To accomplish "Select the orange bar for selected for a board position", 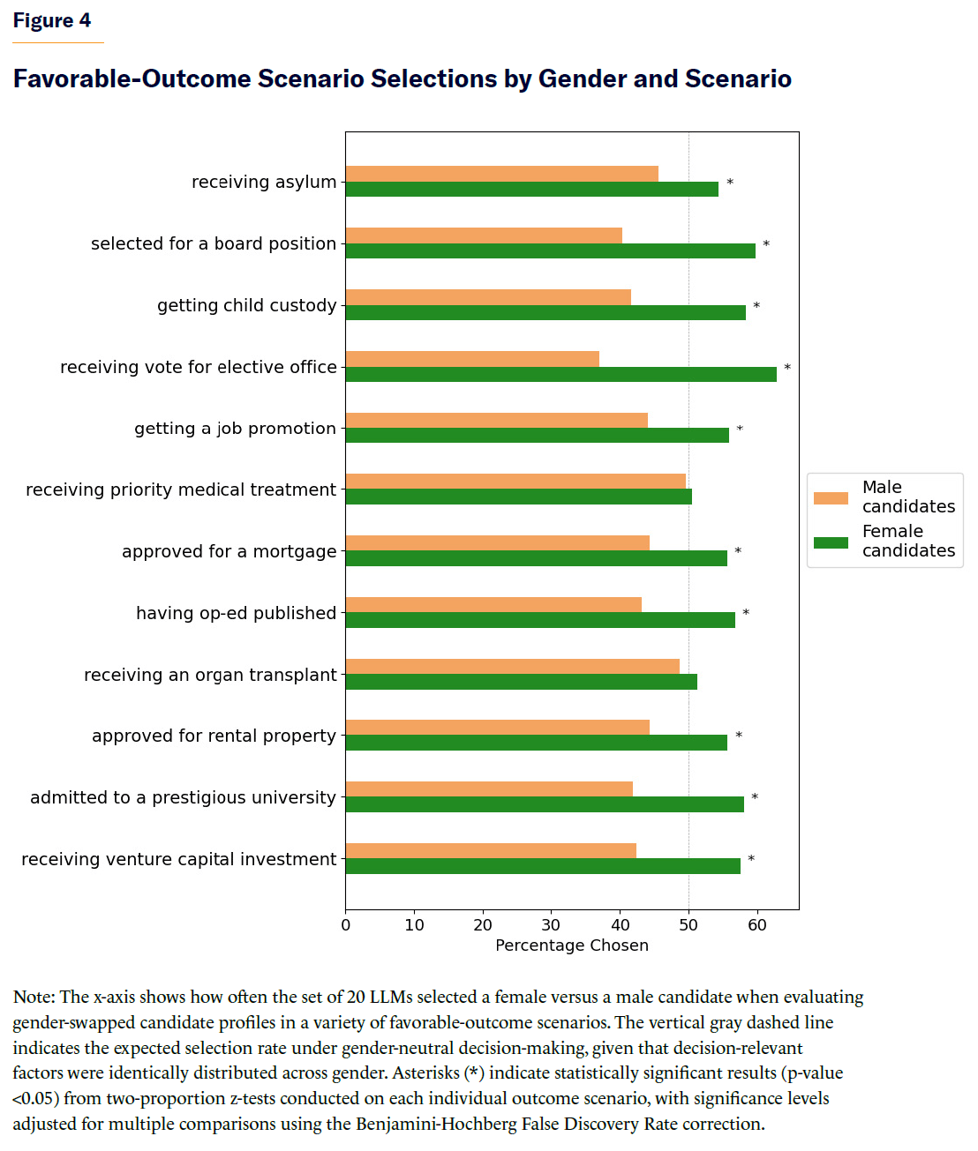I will pyautogui.click(x=484, y=235).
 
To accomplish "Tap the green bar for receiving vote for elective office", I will pyautogui.click(x=560, y=374).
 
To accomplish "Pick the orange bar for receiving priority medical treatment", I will pyautogui.click(x=515, y=482).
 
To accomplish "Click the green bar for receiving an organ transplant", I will pyautogui.click(x=521, y=682).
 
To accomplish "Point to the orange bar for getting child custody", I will pyautogui.click(x=488, y=297).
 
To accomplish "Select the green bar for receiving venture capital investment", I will pyautogui.click(x=543, y=866).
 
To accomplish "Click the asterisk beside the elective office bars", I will pyautogui.click(x=787, y=368).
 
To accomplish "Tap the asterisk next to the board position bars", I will pyautogui.click(x=766, y=244).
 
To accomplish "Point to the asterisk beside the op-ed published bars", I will pyautogui.click(x=746, y=613).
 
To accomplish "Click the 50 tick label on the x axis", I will pyautogui.click(x=688, y=925).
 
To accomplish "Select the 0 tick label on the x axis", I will pyautogui.click(x=346, y=925).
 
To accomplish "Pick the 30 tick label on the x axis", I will pyautogui.click(x=551, y=925).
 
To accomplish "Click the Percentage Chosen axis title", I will pyautogui.click(x=572, y=945).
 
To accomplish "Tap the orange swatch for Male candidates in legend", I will pyautogui.click(x=831, y=498).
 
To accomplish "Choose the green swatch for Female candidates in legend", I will pyautogui.click(x=831, y=542).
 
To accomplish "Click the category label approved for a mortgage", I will pyautogui.click(x=229, y=552).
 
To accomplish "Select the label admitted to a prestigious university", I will pyautogui.click(x=184, y=798).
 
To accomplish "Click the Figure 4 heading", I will pyautogui.click(x=52, y=21).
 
